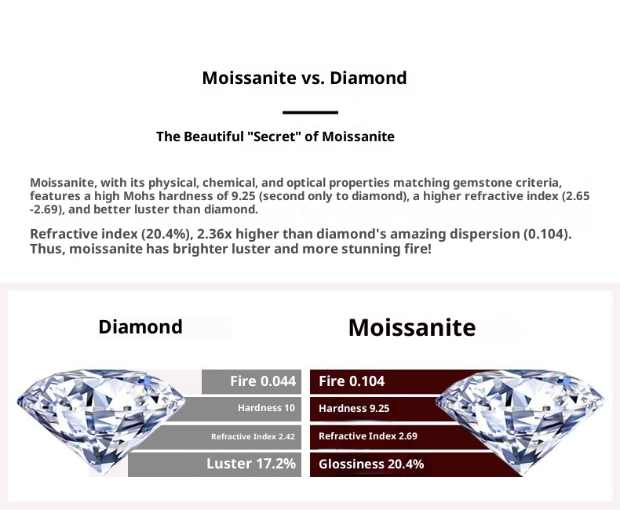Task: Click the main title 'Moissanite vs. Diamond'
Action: click(x=304, y=78)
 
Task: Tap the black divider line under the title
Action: click(x=310, y=113)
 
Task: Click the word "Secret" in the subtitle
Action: click(x=275, y=136)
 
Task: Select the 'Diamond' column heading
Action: click(x=140, y=327)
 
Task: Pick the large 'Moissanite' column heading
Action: click(x=412, y=327)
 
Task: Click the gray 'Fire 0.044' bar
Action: click(x=251, y=381)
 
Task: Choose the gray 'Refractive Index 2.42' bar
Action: click(x=221, y=437)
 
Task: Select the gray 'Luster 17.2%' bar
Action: click(x=214, y=464)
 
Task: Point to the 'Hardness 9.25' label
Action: click(x=354, y=409)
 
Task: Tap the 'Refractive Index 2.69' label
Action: click(x=368, y=436)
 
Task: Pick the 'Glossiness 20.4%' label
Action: click(x=371, y=464)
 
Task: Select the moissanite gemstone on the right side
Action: click(x=520, y=421)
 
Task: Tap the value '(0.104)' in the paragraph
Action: click(x=548, y=234)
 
